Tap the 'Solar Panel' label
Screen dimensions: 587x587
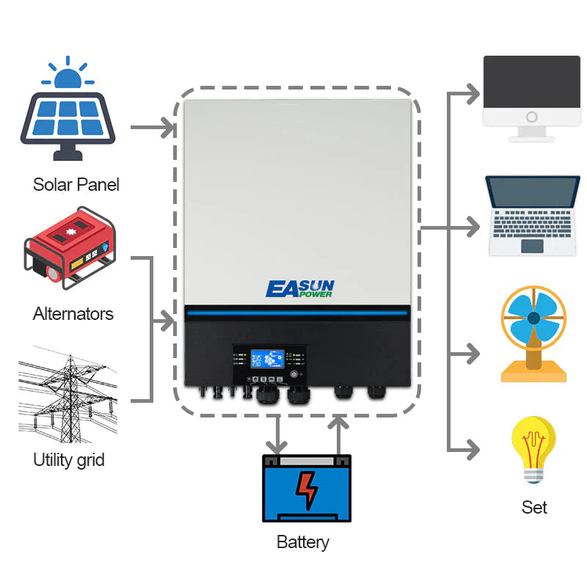76,184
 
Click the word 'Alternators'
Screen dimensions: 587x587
73,314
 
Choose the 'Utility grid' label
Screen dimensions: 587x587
69,460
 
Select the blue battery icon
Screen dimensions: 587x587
307,488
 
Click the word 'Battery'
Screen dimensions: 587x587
302,542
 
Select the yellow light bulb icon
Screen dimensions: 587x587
533,449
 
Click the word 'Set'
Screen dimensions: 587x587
534,507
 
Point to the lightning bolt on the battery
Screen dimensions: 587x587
307,489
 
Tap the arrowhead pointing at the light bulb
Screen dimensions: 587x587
474,449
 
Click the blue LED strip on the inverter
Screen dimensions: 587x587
296,314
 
